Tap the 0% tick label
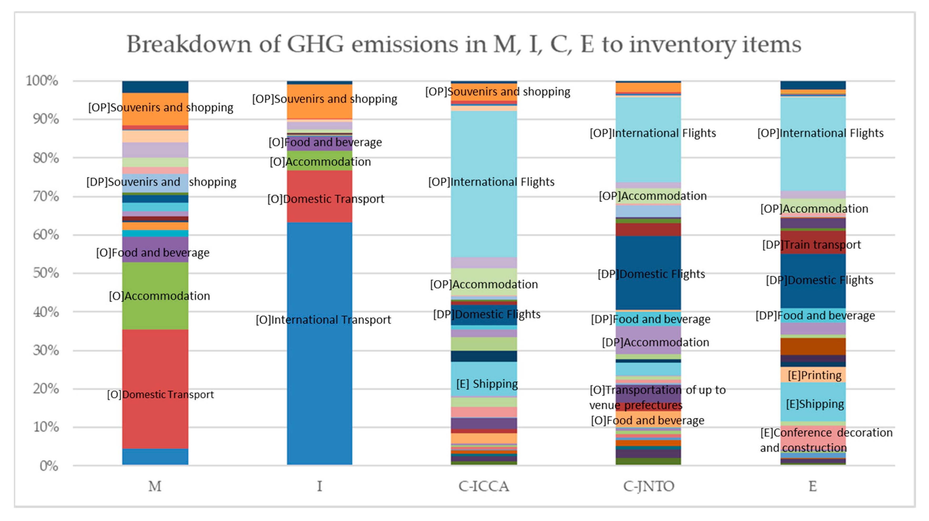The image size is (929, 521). pos(49,466)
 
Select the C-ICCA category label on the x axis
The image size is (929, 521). pos(484,486)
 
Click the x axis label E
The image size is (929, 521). pos(813,486)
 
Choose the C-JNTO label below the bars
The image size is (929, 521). pos(648,486)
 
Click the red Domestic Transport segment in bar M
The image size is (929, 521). pos(155,361)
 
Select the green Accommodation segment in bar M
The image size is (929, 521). pos(155,310)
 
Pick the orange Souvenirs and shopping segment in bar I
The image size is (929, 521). pos(320,108)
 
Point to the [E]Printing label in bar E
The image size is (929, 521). pos(814,375)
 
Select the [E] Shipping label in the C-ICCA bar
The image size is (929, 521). pos(487,383)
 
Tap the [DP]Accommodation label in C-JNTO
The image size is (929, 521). pos(655,342)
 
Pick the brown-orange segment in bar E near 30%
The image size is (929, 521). pos(813,346)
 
